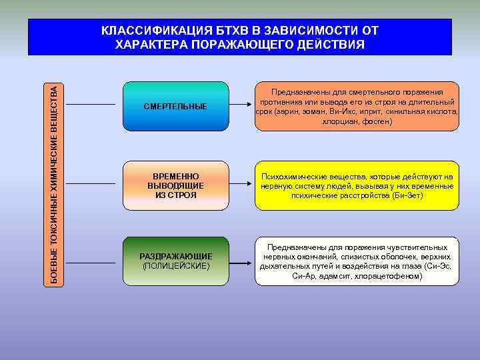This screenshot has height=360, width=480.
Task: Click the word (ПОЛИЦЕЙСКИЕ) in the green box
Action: [x=175, y=266]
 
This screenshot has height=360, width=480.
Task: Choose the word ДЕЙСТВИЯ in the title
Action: [x=331, y=44]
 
